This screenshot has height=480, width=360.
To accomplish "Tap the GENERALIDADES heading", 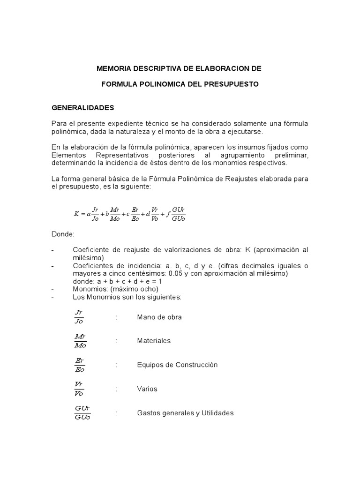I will (x=83, y=107).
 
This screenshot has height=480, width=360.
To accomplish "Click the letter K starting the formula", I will (x=76, y=214).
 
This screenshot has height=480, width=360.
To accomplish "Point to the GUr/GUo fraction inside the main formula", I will (x=179, y=214).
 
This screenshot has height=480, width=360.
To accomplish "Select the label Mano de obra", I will (x=159, y=317).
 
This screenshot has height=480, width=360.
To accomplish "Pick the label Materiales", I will (x=154, y=341).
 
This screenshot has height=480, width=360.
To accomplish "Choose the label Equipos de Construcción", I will (x=177, y=365).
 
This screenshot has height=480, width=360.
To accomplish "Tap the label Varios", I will (x=147, y=389).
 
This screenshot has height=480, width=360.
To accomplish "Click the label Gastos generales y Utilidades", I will (x=185, y=413).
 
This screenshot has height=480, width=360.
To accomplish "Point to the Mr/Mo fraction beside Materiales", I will (x=80, y=341).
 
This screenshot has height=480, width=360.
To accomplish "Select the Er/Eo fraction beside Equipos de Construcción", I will (x=79, y=365).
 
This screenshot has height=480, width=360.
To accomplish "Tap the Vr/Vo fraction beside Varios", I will (x=79, y=389).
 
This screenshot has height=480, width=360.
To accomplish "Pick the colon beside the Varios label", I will (x=117, y=389).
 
